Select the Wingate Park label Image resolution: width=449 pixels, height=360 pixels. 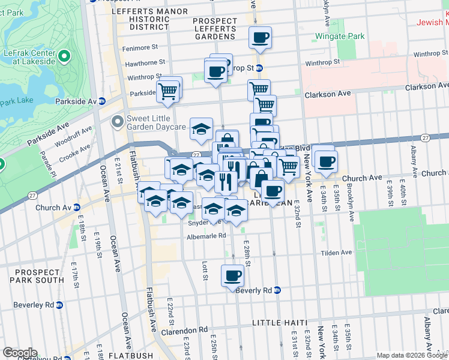tap(340, 37)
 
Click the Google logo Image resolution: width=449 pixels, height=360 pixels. tap(20, 353)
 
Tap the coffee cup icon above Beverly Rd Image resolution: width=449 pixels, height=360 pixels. tap(232, 276)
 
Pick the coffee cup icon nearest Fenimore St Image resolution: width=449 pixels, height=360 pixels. tap(260, 38)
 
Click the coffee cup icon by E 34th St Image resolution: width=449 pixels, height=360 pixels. tap(327, 161)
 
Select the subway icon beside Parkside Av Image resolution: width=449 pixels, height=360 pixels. tap(102, 101)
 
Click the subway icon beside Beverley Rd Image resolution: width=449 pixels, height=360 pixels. tap(59, 305)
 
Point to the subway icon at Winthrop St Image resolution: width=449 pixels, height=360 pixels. tap(259, 68)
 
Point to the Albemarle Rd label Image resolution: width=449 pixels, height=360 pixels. tap(205, 236)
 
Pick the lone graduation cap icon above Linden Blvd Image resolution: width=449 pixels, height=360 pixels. tap(201, 128)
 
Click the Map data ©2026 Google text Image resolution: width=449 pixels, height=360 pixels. tap(411, 355)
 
